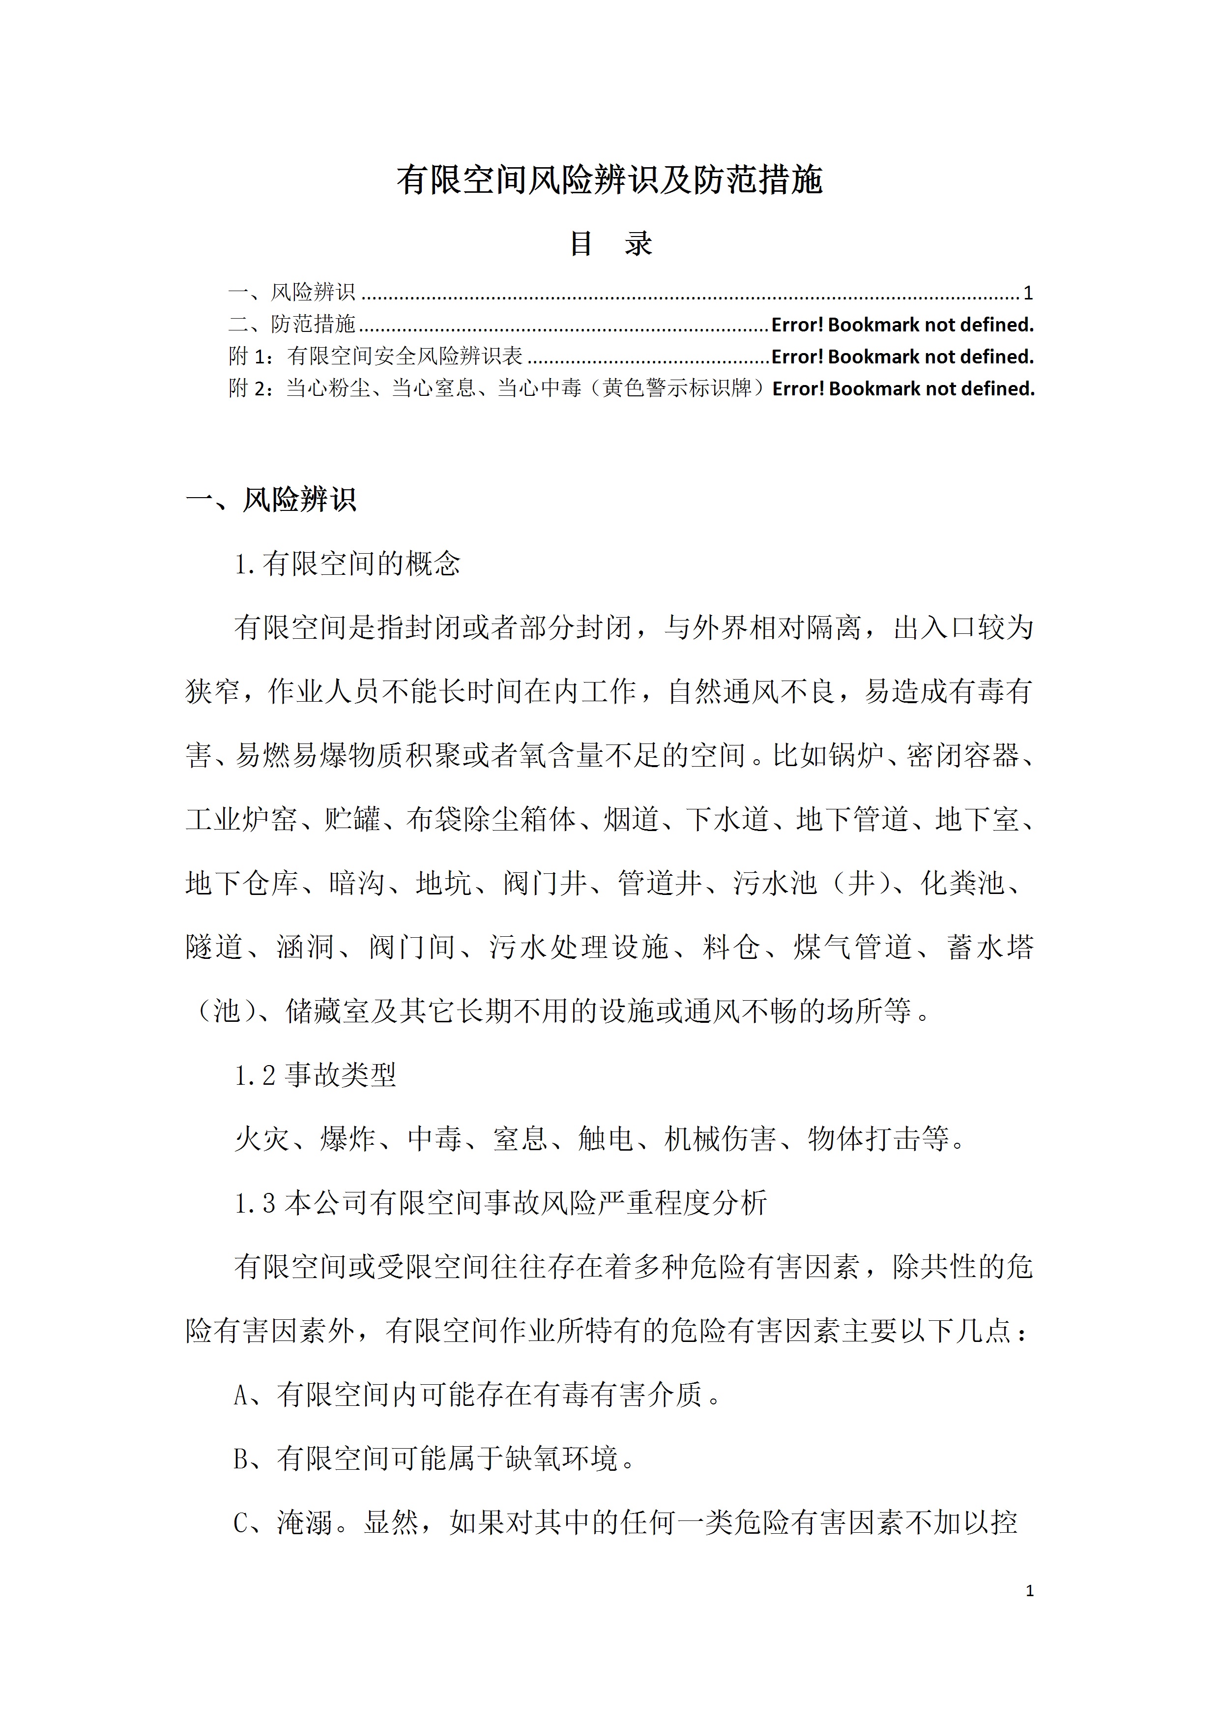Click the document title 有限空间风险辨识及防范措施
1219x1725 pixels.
[609, 180]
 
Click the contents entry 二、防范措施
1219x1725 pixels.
[292, 325]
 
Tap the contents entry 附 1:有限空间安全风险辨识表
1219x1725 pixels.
[376, 356]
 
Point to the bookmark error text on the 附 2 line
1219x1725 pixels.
[903, 388]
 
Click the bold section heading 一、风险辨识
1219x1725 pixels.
[271, 500]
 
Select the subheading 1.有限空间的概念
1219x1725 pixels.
[347, 564]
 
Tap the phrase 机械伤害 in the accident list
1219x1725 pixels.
[720, 1139]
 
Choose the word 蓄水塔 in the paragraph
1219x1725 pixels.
[990, 948]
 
